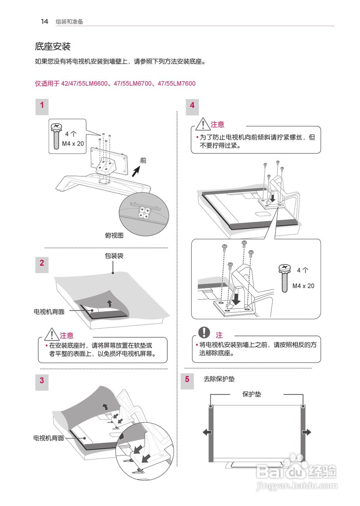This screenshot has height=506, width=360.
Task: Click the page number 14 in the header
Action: [45, 22]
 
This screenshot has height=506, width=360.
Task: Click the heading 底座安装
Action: [53, 47]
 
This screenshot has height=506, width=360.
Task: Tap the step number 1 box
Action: [42, 105]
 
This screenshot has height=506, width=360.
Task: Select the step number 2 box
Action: [42, 263]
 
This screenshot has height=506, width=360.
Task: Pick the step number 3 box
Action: [42, 381]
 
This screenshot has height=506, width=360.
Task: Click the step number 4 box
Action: [192, 105]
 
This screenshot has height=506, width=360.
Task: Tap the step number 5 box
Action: [187, 379]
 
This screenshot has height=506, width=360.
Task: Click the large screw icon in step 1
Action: [56, 136]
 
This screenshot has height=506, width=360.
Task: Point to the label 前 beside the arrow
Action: [143, 160]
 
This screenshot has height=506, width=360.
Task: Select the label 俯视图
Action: [114, 236]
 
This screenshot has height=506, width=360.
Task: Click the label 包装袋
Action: [114, 256]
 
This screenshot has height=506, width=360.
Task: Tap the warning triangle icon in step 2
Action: [52, 334]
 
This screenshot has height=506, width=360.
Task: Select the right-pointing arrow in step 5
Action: [307, 432]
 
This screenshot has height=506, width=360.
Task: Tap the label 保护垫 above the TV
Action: [252, 394]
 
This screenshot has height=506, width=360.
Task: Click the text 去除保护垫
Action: [219, 379]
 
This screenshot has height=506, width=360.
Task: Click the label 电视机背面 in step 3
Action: [49, 438]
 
